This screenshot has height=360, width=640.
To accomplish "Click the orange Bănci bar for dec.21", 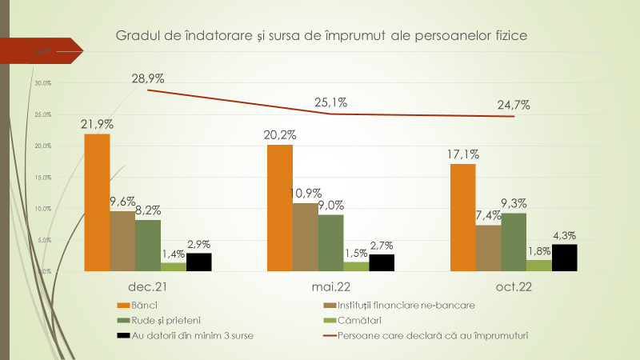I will click(97, 202).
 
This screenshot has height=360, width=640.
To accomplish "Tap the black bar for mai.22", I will click(382, 263).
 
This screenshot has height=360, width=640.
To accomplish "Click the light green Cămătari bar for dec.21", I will click(173, 267).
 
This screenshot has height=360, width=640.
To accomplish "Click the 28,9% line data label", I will click(148, 78).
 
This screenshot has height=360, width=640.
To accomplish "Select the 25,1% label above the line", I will click(330, 102).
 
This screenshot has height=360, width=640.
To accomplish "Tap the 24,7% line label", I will click(513, 105).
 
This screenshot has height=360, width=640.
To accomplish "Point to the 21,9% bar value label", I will click(97, 124).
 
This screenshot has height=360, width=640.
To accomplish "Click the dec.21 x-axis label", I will click(147, 286).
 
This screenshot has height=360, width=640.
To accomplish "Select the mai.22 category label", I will click(330, 286).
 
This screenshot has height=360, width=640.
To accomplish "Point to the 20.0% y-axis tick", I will click(42, 146).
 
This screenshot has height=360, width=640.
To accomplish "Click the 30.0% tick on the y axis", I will click(42, 83).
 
